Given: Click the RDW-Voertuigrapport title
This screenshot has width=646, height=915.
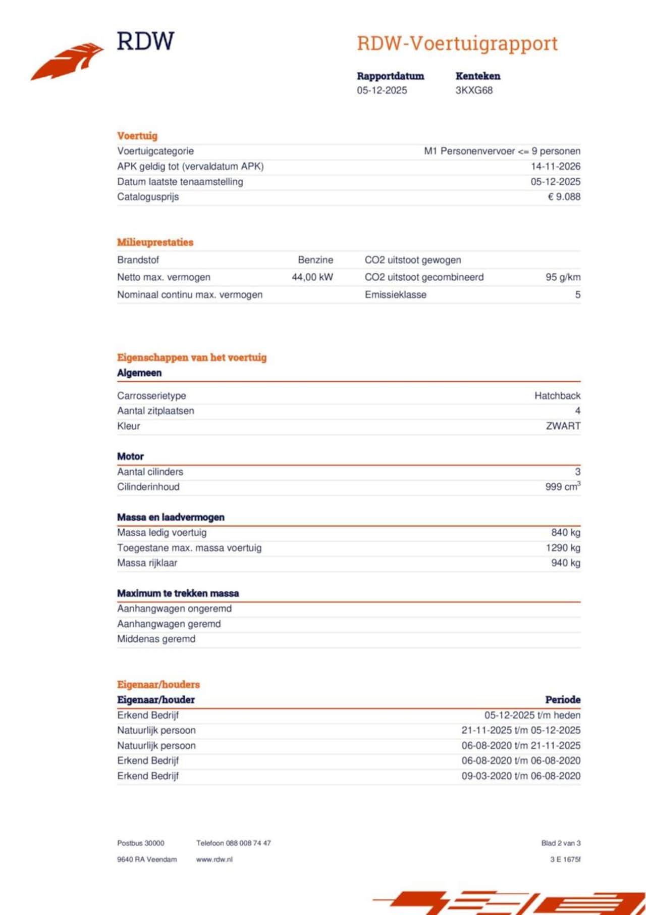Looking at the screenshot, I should [x=457, y=43].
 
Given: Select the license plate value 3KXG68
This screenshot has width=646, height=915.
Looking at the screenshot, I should [x=474, y=90].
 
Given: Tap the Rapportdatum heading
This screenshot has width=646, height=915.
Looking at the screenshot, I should [x=390, y=76].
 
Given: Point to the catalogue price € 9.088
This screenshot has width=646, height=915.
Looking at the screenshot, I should [x=564, y=197].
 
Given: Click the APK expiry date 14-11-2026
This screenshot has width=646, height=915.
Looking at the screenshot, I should [x=555, y=167].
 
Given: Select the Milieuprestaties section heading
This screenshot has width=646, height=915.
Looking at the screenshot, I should [x=155, y=242].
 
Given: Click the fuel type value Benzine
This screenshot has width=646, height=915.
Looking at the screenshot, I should [x=315, y=260].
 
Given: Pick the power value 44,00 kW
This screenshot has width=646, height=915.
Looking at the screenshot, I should [x=312, y=277].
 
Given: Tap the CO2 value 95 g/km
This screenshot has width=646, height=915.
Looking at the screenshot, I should [x=563, y=277].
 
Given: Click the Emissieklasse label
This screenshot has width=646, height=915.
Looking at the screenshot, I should [x=395, y=295].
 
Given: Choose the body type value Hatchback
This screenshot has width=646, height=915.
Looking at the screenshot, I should [x=557, y=396].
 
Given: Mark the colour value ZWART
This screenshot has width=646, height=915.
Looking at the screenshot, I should [x=563, y=426].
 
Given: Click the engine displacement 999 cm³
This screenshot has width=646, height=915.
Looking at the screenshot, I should [x=562, y=487].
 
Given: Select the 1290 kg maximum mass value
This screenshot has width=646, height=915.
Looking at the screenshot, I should [x=563, y=548].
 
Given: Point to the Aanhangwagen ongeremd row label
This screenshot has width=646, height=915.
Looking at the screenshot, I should [x=174, y=609].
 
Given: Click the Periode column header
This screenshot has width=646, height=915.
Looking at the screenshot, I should [x=562, y=700].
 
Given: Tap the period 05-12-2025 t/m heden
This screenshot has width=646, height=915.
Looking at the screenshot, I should [x=532, y=716].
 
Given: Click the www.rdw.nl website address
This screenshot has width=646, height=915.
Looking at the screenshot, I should [x=214, y=859].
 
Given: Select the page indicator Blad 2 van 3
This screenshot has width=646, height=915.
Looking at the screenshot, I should [x=561, y=843].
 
